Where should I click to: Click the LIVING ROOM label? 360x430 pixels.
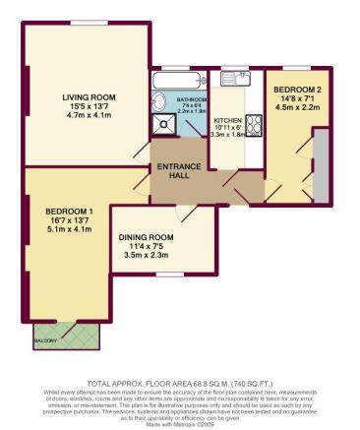[x=90, y=96]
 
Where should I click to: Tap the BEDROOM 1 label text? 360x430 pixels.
[x=69, y=212]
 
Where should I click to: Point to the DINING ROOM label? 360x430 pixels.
[x=147, y=237]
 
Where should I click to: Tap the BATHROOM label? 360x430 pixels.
[x=192, y=100]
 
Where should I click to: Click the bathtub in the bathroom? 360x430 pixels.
[x=179, y=81]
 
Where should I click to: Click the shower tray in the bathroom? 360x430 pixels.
[x=162, y=124]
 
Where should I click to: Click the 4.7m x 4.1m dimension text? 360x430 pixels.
[x=90, y=116]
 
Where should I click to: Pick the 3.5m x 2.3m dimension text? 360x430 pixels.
[x=147, y=256]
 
